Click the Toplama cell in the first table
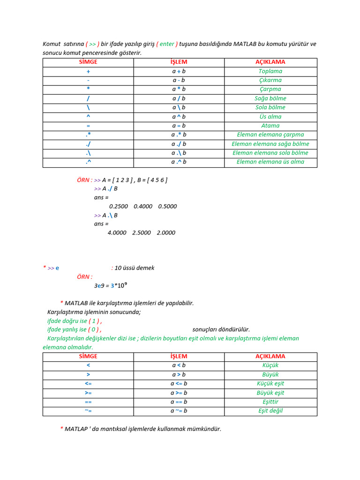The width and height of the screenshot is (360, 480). click(x=270, y=71)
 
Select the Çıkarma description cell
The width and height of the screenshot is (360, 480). click(x=270, y=80)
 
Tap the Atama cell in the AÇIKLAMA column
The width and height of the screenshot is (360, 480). click(x=270, y=126)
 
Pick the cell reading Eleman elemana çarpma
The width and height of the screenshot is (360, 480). click(x=270, y=135)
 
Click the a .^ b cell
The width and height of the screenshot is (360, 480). click(x=179, y=162)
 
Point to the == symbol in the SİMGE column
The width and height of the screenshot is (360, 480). click(x=88, y=402)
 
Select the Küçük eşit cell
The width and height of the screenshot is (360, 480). click(x=270, y=383)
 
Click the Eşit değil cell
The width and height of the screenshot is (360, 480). click(x=270, y=411)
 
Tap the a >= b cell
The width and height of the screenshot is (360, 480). click(x=179, y=393)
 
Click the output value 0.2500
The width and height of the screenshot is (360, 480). click(x=118, y=206)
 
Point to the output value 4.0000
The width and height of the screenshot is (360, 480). click(x=117, y=232)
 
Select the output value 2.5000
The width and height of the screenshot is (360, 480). click(x=142, y=232)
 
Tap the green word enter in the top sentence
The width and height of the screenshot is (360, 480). click(x=167, y=44)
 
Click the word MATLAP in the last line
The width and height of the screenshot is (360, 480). click(x=76, y=429)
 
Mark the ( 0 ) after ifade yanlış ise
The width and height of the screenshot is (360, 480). click(x=95, y=330)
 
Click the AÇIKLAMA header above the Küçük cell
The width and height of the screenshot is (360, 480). click(x=270, y=356)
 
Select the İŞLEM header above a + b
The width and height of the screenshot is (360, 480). click(x=179, y=62)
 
